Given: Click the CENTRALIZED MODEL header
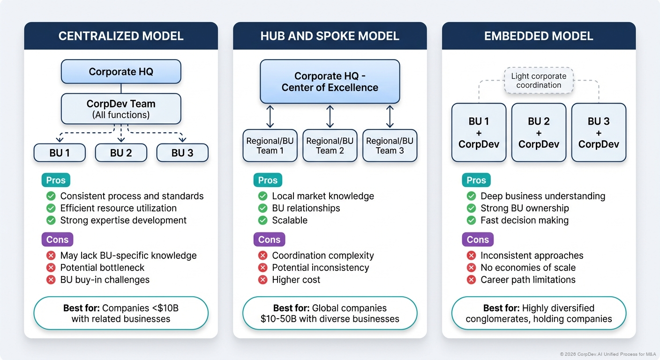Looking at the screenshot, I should [121, 36].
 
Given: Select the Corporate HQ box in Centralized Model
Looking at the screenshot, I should [121, 72].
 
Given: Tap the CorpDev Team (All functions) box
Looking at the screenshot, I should [121, 109].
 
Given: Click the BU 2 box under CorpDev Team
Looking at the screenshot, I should [121, 153].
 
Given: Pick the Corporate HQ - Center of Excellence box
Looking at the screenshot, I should [330, 82].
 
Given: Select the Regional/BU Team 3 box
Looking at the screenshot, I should [390, 145].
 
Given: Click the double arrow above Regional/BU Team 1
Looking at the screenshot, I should [270, 117].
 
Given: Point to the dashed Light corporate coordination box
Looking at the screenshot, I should [539, 81].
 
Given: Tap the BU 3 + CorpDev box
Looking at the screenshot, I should [599, 133].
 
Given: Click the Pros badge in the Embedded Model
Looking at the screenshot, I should [476, 180].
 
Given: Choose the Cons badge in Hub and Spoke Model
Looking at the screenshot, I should [269, 240].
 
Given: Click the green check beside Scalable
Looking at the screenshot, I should [263, 220].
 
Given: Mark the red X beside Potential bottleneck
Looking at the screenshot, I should [51, 268].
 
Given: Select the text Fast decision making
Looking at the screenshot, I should [525, 220].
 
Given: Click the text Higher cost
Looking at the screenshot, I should [296, 280].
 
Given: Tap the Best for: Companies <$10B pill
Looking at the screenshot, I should [121, 313].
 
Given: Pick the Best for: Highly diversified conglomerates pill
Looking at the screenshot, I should [539, 313].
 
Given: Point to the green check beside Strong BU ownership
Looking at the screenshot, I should [471, 208].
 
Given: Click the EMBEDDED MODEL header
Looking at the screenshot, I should [539, 36].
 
